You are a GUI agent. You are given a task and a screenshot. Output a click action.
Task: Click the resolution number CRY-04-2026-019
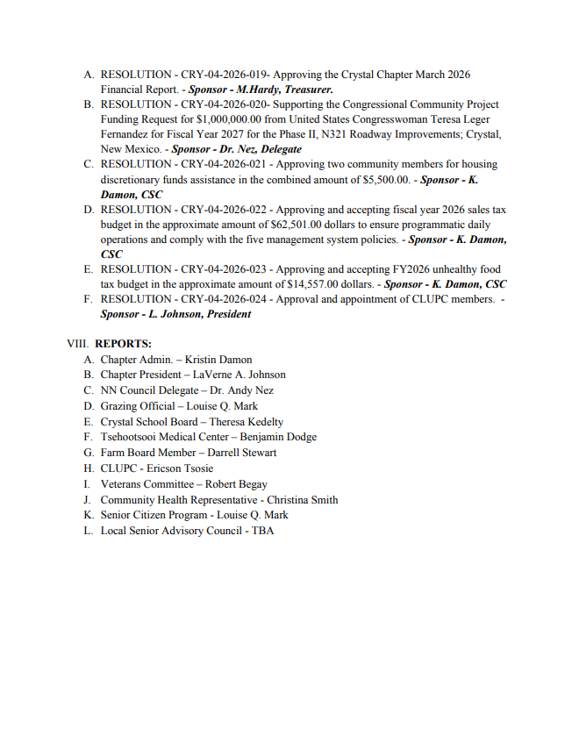click(223, 75)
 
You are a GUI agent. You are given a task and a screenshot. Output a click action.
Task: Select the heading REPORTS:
click(123, 344)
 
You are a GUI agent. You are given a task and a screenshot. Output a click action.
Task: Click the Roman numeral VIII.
click(78, 344)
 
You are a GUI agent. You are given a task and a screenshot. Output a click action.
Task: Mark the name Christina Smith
click(303, 500)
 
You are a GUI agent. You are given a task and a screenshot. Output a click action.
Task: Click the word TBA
click(263, 531)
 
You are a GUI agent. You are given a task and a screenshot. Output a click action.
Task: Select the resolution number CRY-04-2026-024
click(223, 299)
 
